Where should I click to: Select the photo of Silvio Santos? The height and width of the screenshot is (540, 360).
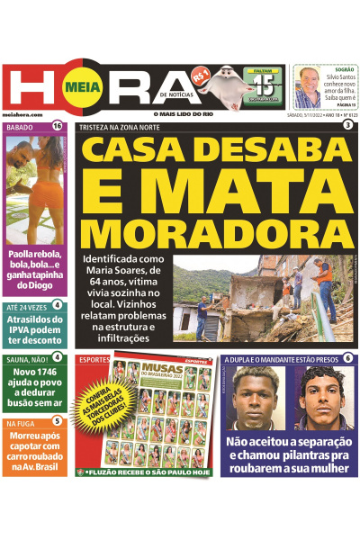point(308,87)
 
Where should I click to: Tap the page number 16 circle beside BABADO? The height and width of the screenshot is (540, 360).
point(58,126)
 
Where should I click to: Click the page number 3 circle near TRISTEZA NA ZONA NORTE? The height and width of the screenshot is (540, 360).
point(347,125)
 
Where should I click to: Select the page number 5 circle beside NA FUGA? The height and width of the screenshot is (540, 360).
point(58,420)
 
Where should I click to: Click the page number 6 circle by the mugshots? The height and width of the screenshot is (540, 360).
point(347,357)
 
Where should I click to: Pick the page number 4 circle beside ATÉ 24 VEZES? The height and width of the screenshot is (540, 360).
point(58,305)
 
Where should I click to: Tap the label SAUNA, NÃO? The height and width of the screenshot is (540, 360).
point(26,357)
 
